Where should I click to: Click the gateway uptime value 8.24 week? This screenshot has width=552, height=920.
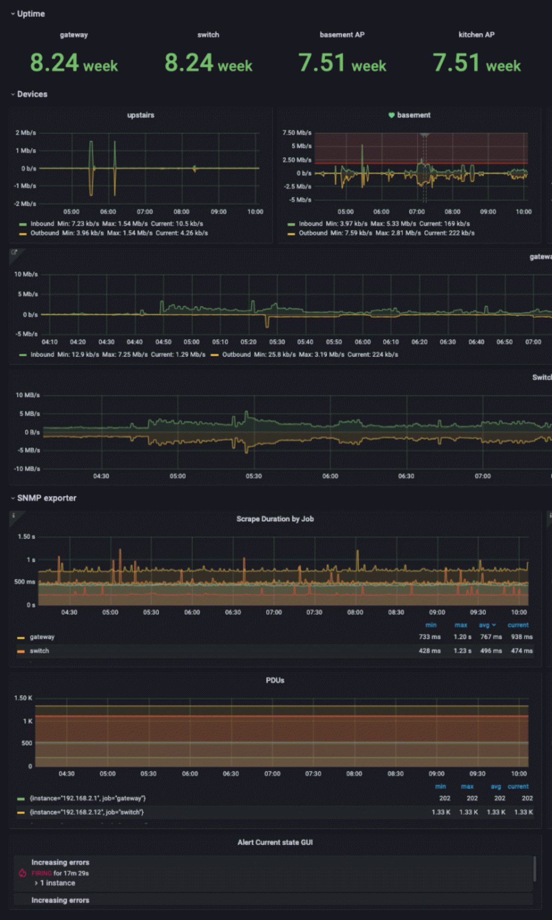74,63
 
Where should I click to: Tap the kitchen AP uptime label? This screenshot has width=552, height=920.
476,34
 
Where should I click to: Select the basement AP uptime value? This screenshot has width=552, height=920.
342,63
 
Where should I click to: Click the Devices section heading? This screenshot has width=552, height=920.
32,94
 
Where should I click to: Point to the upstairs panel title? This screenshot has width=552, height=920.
141,115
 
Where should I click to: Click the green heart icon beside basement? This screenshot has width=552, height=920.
391,115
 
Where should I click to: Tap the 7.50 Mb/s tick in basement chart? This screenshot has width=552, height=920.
297,132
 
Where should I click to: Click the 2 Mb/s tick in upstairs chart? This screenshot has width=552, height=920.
26,132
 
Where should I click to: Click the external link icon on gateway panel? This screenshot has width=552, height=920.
14,252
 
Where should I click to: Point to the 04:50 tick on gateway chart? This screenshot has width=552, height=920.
163,342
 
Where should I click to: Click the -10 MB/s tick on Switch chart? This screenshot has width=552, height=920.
28,469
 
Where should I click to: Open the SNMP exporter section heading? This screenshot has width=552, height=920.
46,498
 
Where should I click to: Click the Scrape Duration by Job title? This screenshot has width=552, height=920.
275,519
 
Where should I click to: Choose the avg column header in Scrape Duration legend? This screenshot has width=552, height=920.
484,625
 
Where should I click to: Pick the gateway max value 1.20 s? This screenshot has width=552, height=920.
462,637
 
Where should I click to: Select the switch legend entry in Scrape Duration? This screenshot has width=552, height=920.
40,651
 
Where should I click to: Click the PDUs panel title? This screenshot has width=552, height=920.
275,680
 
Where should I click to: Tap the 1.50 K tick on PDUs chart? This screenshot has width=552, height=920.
23,698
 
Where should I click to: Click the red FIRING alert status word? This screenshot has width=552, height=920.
41,873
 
